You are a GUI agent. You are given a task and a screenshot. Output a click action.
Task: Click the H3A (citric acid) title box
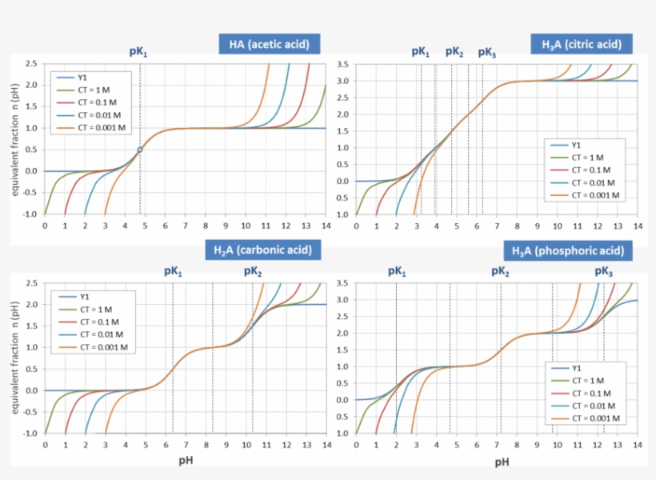pyautogui.click(x=581, y=44)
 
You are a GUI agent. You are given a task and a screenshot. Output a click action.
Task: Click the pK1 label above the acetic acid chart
pyautogui.click(x=138, y=52)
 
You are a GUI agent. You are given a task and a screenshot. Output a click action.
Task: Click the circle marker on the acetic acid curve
pyautogui.click(x=140, y=150)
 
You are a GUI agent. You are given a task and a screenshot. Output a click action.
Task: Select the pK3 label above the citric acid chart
pyautogui.click(x=486, y=52)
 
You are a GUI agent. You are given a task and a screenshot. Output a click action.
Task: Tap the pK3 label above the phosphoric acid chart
pyautogui.click(x=603, y=272)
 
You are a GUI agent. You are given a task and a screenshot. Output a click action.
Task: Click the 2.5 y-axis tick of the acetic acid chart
pyautogui.click(x=30, y=63)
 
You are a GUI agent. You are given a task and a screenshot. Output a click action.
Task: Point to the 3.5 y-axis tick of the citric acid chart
pyautogui.click(x=342, y=64)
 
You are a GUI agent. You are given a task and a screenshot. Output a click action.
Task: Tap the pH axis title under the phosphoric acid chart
pyautogui.click(x=502, y=462)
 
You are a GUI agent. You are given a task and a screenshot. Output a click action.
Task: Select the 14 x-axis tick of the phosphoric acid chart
pyautogui.click(x=637, y=445)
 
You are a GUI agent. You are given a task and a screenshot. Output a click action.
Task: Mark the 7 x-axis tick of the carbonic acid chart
pyautogui.click(x=186, y=445)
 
